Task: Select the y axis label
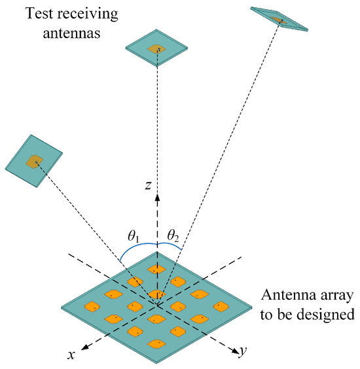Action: (x=243, y=352)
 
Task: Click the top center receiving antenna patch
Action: (x=157, y=49)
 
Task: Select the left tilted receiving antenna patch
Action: (x=33, y=160)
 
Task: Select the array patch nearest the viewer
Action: (x=156, y=343)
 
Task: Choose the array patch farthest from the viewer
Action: (x=156, y=268)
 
